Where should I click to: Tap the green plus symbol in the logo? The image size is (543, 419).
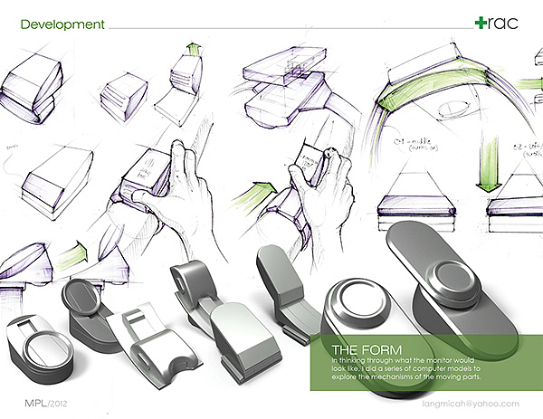pos(481,22)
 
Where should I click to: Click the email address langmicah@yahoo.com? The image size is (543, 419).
pos(471,404)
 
